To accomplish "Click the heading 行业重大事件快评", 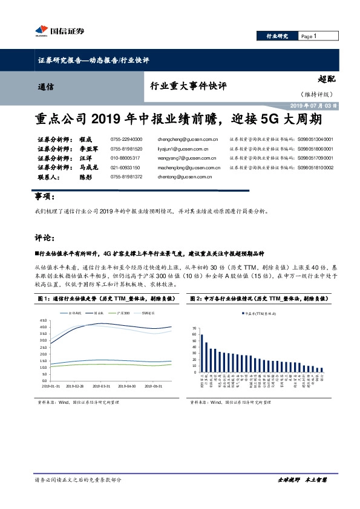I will [x=188, y=86].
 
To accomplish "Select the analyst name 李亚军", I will [x=89, y=148].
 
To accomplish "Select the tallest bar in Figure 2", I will [x=202, y=353].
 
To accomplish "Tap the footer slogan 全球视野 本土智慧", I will [x=302, y=479].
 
